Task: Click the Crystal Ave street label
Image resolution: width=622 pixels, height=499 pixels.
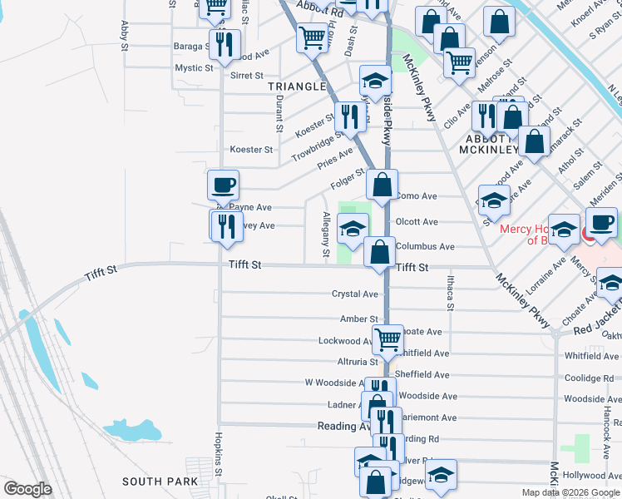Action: click(x=355, y=294)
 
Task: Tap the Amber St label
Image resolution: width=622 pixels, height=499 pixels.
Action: click(x=358, y=319)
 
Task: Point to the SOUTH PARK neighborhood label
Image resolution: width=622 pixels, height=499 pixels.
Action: click(x=160, y=482)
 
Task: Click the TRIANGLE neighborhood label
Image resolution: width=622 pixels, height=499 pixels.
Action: click(x=297, y=86)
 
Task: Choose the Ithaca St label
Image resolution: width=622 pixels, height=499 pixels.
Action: click(x=450, y=293)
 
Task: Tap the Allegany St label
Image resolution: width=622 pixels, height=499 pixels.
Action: click(x=326, y=234)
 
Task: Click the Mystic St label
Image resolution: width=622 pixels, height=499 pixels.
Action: click(x=194, y=68)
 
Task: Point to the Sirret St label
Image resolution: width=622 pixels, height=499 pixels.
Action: click(x=246, y=76)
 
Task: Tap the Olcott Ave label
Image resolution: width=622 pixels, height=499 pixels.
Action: click(x=417, y=222)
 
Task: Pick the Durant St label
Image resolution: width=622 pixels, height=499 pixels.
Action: click(x=278, y=112)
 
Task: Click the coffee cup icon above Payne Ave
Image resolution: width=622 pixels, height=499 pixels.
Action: click(x=222, y=184)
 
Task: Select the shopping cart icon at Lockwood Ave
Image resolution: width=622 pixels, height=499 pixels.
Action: click(x=388, y=338)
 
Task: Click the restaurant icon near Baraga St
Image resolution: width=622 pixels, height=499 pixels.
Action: click(x=225, y=43)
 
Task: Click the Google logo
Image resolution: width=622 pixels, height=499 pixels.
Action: click(x=27, y=489)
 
